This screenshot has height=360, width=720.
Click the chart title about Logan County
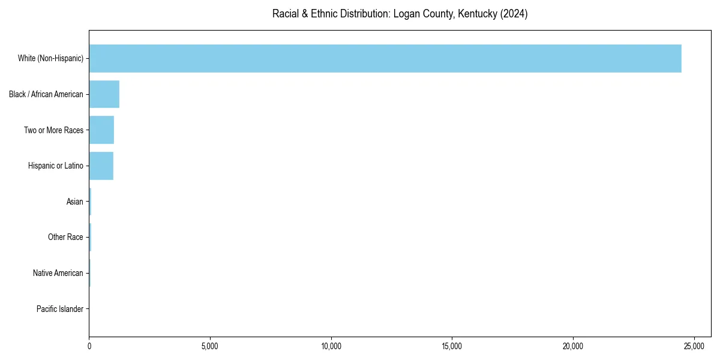(x=400, y=14)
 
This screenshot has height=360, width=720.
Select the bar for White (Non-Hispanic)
(x=385, y=58)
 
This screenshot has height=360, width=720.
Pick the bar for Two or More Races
(x=101, y=130)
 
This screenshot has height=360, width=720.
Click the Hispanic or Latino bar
(x=101, y=166)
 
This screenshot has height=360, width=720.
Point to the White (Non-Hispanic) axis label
(x=50, y=58)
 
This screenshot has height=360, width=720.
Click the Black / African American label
(x=46, y=94)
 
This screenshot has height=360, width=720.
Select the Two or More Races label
(x=53, y=130)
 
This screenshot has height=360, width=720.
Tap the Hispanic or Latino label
(x=56, y=166)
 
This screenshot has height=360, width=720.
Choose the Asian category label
(x=75, y=202)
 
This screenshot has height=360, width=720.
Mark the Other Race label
(x=65, y=238)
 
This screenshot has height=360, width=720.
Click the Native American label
(x=58, y=274)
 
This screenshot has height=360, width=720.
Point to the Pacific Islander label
(x=60, y=310)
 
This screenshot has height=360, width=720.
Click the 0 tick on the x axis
(x=89, y=346)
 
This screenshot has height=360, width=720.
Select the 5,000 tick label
(x=210, y=346)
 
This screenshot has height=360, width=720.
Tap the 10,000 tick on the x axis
(x=331, y=346)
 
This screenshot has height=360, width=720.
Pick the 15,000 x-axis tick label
(x=452, y=346)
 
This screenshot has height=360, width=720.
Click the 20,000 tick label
(x=573, y=346)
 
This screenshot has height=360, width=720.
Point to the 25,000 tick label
(x=694, y=346)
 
